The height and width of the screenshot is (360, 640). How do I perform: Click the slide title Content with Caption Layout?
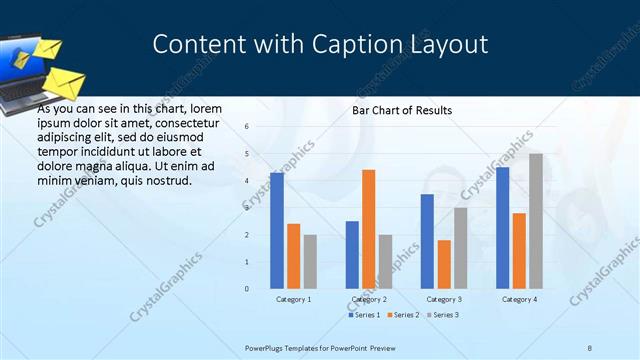pyautogui.click(x=320, y=45)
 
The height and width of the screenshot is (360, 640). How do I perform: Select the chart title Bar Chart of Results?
pyautogui.click(x=401, y=110)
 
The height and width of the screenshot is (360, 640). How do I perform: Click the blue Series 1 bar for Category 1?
pyautogui.click(x=276, y=230)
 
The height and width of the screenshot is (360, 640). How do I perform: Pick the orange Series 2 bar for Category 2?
pyautogui.click(x=368, y=229)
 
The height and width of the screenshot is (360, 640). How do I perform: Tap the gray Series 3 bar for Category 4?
pyautogui.click(x=536, y=221)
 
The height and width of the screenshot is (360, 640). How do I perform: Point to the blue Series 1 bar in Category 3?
pyautogui.click(x=427, y=241)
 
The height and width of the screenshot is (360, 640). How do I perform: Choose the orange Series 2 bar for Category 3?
pyautogui.click(x=444, y=264)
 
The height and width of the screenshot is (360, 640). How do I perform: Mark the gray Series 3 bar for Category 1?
pyautogui.click(x=310, y=261)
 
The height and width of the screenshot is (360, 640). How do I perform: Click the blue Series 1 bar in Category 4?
pyautogui.click(x=502, y=227)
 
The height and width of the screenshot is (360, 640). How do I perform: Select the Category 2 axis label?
pyautogui.click(x=368, y=299)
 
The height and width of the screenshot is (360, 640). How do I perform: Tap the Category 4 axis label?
pyautogui.click(x=519, y=299)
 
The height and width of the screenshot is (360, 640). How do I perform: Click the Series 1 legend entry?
pyautogui.click(x=364, y=315)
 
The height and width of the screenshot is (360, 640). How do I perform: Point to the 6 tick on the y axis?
pyautogui.click(x=247, y=127)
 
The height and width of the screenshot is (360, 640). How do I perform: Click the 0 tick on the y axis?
pyautogui.click(x=247, y=289)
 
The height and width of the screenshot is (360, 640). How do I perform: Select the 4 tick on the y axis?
pyautogui.click(x=247, y=181)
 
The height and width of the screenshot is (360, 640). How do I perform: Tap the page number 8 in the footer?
pyautogui.click(x=590, y=348)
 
